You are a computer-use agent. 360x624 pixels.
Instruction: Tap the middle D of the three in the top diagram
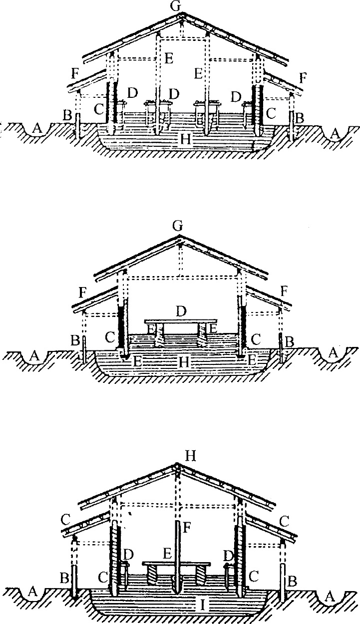pos(174,94)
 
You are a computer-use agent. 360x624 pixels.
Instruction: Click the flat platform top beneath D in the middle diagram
pos(181,321)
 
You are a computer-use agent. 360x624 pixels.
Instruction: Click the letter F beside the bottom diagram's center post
pos(187,526)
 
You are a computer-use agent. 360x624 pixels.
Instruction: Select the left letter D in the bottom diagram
pos(129,555)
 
